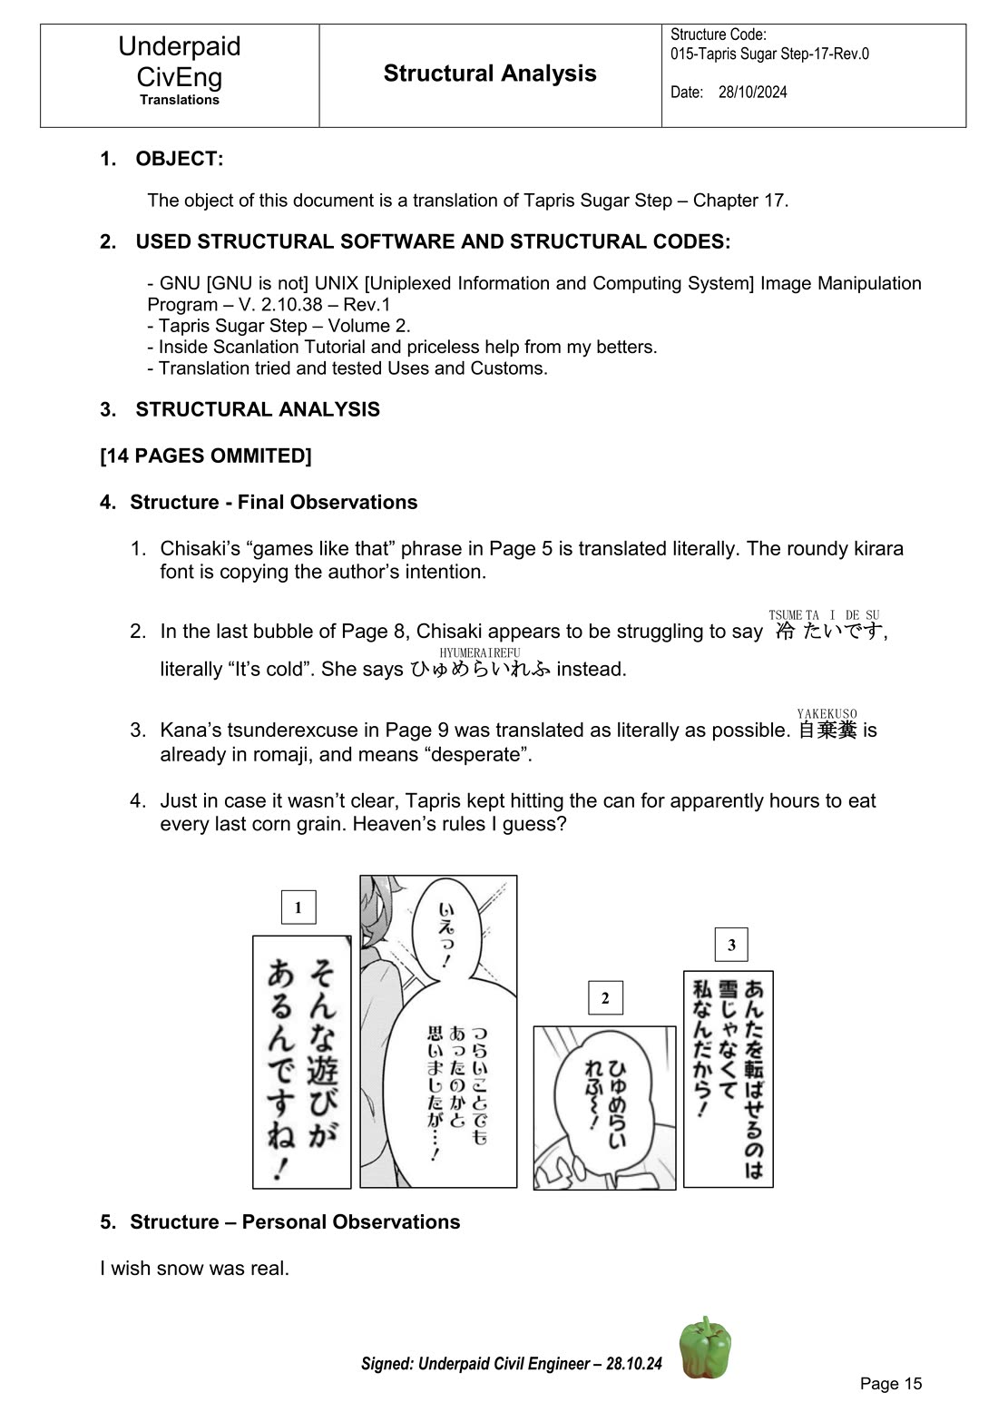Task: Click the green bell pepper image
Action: point(705,1348)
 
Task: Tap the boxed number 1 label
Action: point(298,907)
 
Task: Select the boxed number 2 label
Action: point(605,998)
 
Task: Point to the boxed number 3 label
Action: point(731,945)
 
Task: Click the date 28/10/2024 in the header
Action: point(752,92)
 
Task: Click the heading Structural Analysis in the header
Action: point(490,74)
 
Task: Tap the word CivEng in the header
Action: point(180,76)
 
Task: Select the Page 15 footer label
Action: point(890,1383)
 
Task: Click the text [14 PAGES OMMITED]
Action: point(206,456)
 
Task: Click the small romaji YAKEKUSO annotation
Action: point(827,714)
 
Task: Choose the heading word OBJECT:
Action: point(179,159)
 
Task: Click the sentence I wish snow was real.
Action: point(194,1268)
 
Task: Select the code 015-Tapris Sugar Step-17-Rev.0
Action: point(769,54)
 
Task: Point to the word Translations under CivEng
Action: point(180,100)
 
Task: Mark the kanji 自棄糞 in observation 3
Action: point(827,731)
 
